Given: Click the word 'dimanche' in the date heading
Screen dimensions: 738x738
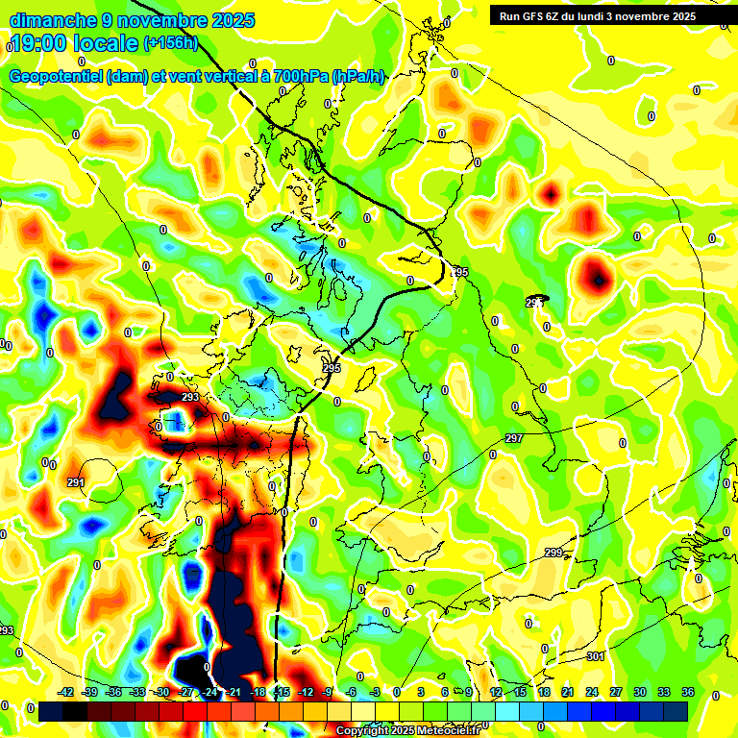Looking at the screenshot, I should (x=53, y=20).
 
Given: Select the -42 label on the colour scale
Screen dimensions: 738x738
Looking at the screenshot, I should (x=66, y=692).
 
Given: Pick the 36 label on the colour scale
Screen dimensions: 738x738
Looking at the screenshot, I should (x=688, y=692).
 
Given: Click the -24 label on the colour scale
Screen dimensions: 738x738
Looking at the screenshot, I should (x=209, y=692).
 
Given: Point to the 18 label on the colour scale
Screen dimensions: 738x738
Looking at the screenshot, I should (x=545, y=692).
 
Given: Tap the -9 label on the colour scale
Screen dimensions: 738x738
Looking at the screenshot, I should (x=327, y=692).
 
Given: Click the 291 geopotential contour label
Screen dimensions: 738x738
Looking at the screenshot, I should (x=76, y=483).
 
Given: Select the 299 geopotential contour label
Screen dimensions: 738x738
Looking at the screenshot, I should (x=553, y=553).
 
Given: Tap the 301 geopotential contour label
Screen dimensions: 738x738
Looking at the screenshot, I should (x=596, y=657).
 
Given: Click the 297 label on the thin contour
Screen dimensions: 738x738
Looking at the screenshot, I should (x=513, y=438).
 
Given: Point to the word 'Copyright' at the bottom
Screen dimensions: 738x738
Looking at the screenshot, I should (x=363, y=731).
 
